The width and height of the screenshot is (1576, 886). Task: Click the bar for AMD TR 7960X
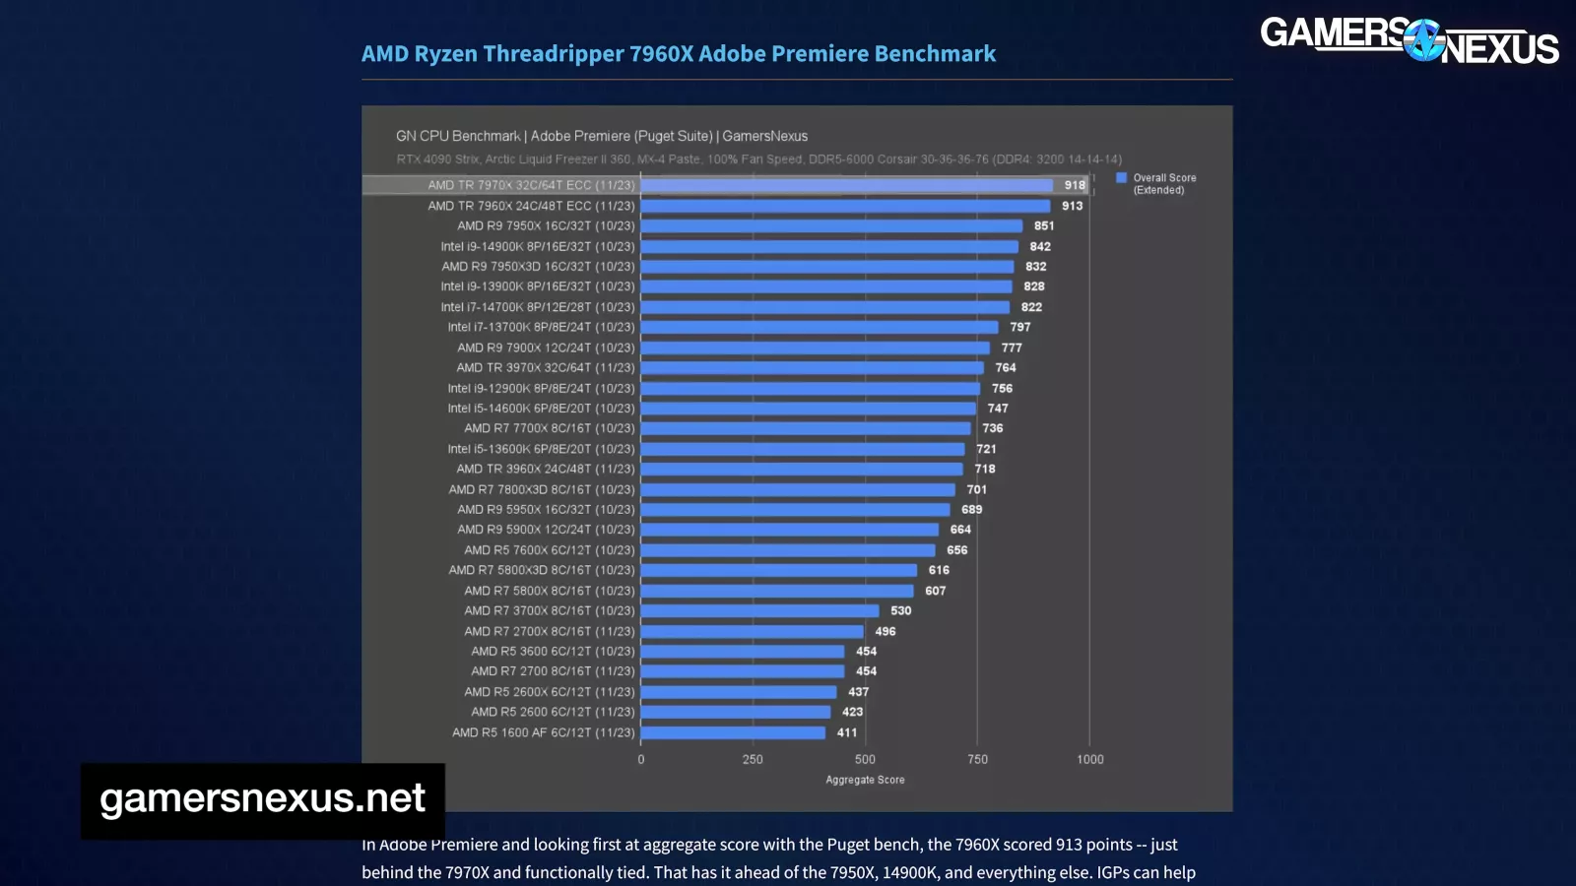tap(845, 206)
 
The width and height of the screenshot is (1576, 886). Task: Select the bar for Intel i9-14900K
tap(829, 246)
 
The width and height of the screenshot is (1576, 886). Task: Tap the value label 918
tap(1075, 185)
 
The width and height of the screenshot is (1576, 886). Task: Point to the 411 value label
tap(847, 732)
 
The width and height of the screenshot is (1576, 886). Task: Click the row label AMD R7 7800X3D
tap(541, 489)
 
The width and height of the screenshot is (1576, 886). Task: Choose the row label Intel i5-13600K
tap(541, 449)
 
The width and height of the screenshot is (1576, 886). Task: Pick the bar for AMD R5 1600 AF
tap(733, 732)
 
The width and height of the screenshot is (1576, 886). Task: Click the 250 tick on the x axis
tap(753, 759)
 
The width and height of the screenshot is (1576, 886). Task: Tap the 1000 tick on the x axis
tap(1089, 759)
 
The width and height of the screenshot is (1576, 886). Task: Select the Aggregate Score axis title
tap(865, 780)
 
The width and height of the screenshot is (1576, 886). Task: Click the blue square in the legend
tap(1121, 178)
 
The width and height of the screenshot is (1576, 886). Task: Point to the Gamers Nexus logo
tap(1409, 40)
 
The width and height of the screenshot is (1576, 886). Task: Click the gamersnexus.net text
tap(262, 798)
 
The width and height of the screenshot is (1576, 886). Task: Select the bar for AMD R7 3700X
tap(759, 610)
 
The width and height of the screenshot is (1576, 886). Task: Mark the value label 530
tap(901, 610)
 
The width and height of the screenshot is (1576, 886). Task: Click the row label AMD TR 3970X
tap(545, 367)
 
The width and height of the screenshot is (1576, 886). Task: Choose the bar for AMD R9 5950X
tap(795, 509)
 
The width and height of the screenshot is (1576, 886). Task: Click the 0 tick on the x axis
tap(641, 759)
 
